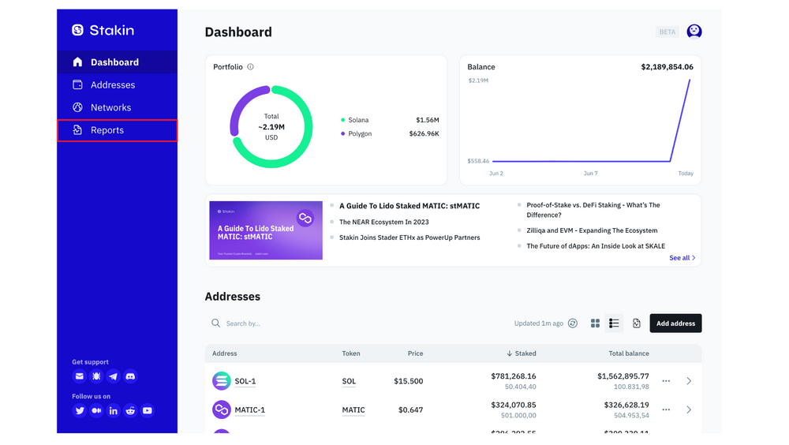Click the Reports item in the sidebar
(107, 130)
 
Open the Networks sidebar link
(110, 107)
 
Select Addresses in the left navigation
(112, 84)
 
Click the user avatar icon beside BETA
(694, 31)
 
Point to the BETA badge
(667, 32)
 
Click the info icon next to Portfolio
(250, 67)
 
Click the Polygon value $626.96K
(424, 134)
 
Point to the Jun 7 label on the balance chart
(590, 174)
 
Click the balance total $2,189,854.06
(667, 67)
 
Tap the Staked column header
(521, 353)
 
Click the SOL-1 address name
(245, 381)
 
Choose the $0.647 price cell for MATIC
(409, 410)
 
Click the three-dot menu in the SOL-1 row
(666, 381)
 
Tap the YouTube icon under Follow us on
(148, 411)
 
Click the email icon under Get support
(79, 376)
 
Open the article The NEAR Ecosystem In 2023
(383, 222)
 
